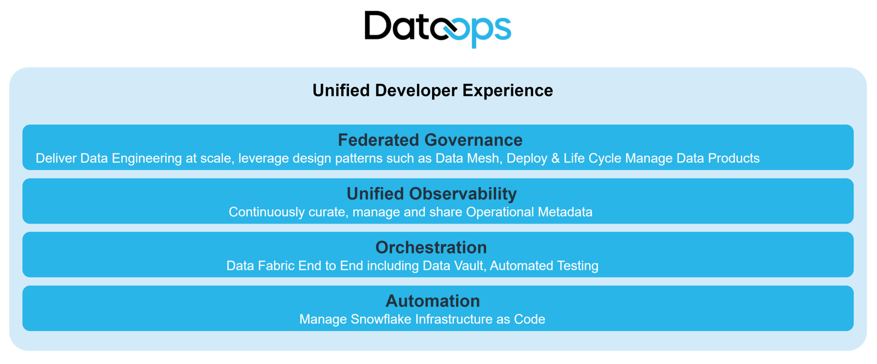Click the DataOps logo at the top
[438, 29]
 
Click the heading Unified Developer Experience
[433, 91]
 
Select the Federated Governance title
[430, 140]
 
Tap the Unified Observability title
[432, 194]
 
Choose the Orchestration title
[431, 248]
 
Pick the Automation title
[433, 301]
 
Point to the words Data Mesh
[468, 158]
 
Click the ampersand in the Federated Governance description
[555, 158]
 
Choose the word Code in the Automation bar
[530, 319]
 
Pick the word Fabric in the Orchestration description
[274, 266]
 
